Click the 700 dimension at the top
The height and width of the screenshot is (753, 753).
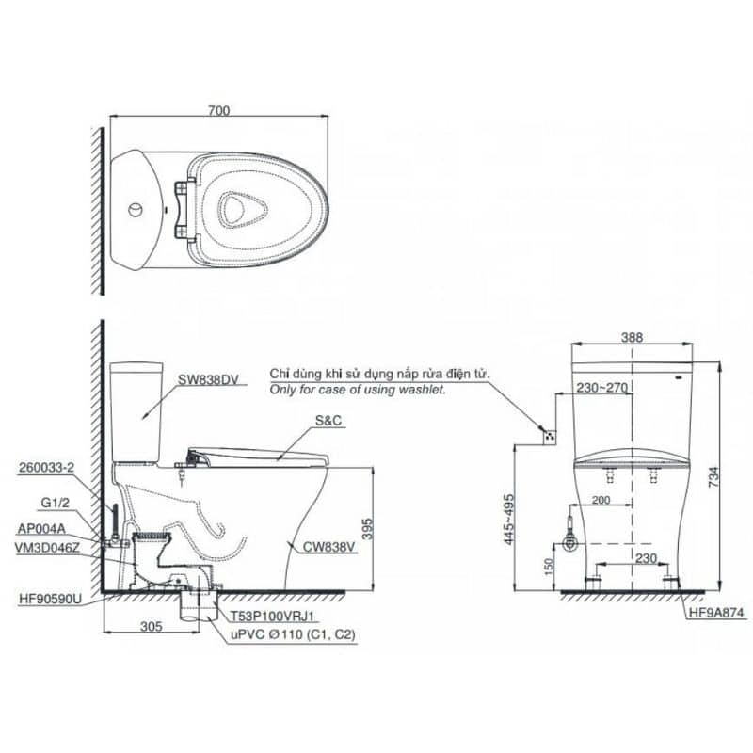[x=219, y=110]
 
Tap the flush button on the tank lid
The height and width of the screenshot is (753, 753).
[x=136, y=210]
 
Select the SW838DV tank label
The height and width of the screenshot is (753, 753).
[x=208, y=380]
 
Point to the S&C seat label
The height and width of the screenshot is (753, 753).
[x=328, y=421]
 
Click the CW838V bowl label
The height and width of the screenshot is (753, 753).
[x=328, y=547]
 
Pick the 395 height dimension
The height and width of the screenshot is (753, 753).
[x=367, y=529]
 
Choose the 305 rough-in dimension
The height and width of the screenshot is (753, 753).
[x=152, y=626]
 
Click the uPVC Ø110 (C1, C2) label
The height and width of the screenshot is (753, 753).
[x=293, y=634]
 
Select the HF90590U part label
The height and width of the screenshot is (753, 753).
[x=51, y=599]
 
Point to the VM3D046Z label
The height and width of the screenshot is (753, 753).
[x=47, y=548]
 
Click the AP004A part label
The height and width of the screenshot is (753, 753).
[x=41, y=529]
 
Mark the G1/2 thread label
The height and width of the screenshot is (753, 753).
[x=56, y=503]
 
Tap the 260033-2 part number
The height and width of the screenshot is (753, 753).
[x=46, y=467]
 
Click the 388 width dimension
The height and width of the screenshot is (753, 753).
[x=632, y=338]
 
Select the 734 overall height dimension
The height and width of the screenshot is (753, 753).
[x=714, y=477]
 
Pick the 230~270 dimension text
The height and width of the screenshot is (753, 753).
[x=602, y=387]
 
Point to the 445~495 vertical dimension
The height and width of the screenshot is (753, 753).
[x=508, y=520]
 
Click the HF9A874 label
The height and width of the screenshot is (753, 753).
[x=716, y=613]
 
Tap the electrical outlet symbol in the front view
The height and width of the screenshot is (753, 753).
[x=550, y=437]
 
